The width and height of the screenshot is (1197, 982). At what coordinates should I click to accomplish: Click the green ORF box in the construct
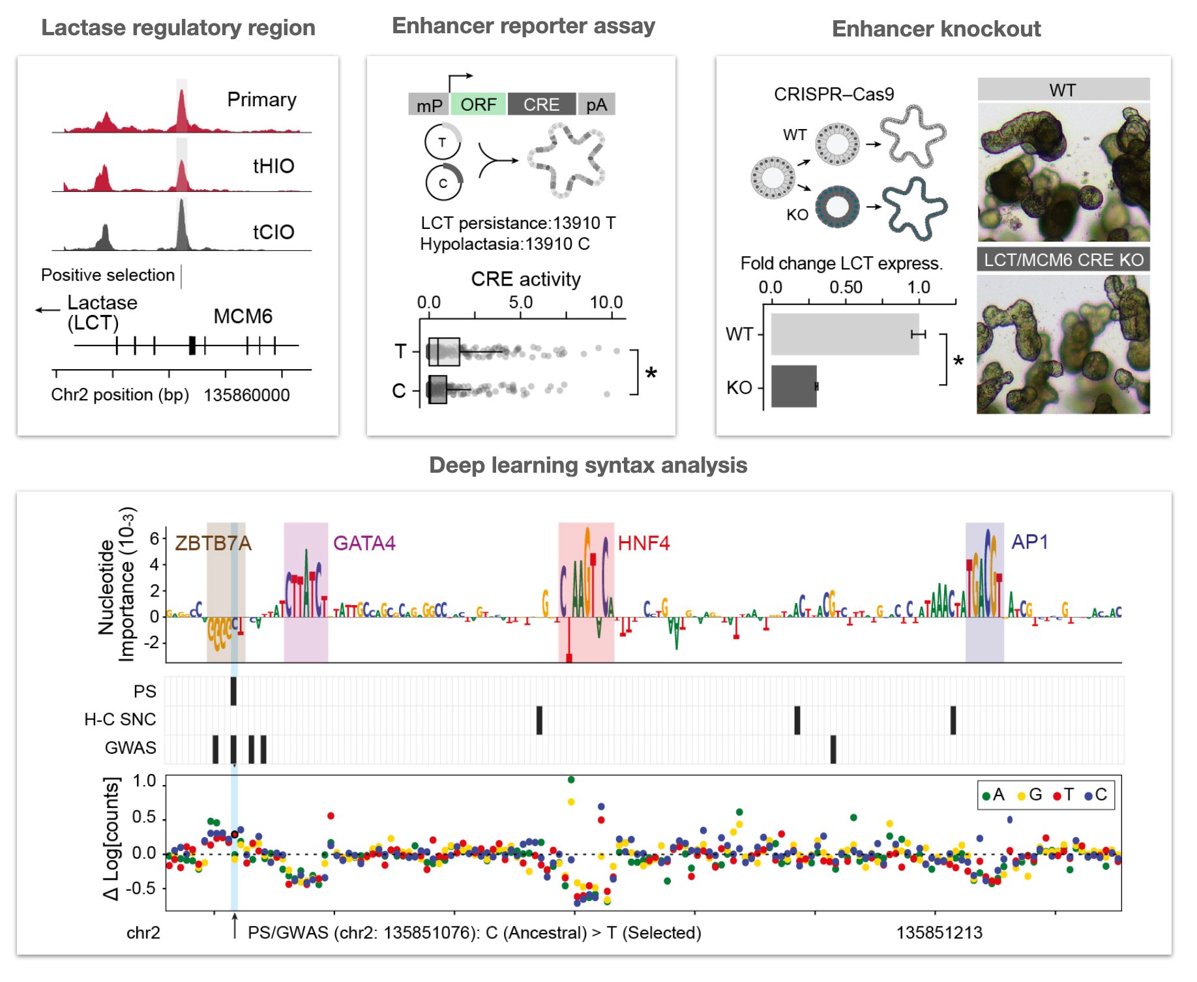478,104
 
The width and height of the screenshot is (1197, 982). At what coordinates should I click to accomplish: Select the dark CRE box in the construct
541,104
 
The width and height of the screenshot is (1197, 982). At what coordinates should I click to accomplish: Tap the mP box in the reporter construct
428,105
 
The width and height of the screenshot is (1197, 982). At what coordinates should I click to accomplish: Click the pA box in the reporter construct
596,104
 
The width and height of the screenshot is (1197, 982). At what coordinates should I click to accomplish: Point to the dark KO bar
793,386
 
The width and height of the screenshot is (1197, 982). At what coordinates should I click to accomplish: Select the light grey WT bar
844,334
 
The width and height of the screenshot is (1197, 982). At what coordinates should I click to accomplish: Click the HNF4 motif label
643,543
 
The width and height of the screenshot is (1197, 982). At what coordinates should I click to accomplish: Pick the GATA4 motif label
364,543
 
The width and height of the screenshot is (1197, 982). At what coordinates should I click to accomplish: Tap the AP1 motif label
1029,542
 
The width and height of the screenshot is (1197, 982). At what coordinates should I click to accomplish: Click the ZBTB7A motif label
213,543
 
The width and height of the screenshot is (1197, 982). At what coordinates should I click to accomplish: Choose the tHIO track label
273,166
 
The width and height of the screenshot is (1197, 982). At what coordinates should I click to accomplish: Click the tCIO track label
273,232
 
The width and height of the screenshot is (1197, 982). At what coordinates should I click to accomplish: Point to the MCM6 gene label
243,316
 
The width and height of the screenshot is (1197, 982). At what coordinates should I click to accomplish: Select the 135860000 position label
246,395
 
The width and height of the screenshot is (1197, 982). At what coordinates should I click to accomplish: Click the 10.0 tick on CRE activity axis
606,303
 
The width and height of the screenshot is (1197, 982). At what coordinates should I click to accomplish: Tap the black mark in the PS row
233,691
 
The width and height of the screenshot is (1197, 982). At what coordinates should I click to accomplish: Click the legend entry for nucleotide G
1030,795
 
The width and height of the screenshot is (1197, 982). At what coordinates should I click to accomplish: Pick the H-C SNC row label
120,719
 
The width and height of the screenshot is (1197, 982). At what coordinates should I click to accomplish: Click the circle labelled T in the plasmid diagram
442,142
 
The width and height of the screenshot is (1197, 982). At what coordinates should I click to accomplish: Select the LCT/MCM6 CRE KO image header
1063,260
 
